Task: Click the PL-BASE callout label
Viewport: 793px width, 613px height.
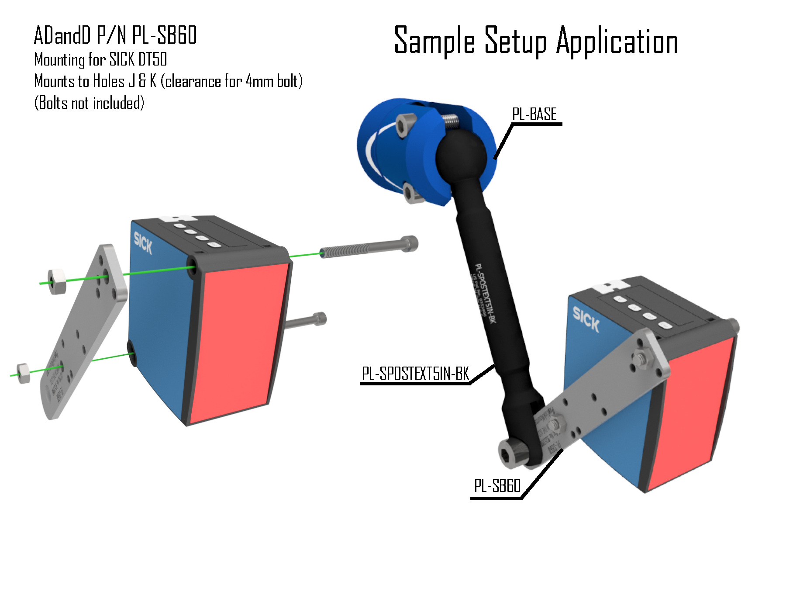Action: click(x=534, y=114)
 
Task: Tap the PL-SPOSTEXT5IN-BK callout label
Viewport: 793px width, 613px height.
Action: click(x=415, y=374)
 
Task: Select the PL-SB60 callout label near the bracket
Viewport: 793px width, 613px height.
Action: click(x=497, y=486)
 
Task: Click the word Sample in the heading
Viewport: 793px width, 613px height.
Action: click(x=434, y=41)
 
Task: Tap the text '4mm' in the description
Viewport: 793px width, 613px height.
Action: click(x=260, y=81)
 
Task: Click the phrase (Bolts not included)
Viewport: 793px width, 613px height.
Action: click(x=89, y=103)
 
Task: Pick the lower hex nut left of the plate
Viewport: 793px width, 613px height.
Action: click(x=23, y=373)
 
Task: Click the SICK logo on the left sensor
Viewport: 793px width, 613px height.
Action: click(x=143, y=243)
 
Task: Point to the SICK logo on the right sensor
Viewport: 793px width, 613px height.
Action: click(x=586, y=319)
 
